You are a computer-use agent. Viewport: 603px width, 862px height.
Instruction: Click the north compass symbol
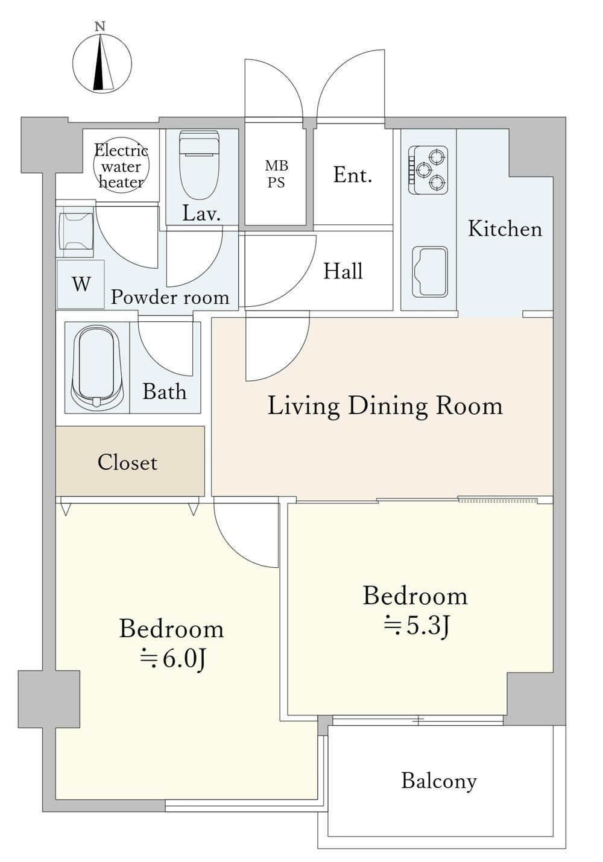[x=102, y=63]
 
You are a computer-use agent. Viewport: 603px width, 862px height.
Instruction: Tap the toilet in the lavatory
[x=200, y=165]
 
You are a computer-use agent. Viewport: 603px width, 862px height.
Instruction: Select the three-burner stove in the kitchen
[x=428, y=170]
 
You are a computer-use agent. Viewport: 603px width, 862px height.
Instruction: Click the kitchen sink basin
[x=430, y=272]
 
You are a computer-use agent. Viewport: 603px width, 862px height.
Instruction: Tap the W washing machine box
[x=81, y=285]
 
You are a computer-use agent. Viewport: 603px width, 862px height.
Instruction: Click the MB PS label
[x=276, y=174]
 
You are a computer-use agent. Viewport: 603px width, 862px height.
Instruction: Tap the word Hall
[x=343, y=271]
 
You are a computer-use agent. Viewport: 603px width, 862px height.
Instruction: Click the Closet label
[x=127, y=462]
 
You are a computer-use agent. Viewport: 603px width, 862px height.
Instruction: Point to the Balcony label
[x=439, y=781]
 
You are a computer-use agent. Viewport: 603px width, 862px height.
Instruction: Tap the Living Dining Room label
[x=385, y=406]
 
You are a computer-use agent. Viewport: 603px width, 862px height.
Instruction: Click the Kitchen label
[x=505, y=229]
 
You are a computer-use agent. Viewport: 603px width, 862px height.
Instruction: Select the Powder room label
[x=170, y=297]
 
